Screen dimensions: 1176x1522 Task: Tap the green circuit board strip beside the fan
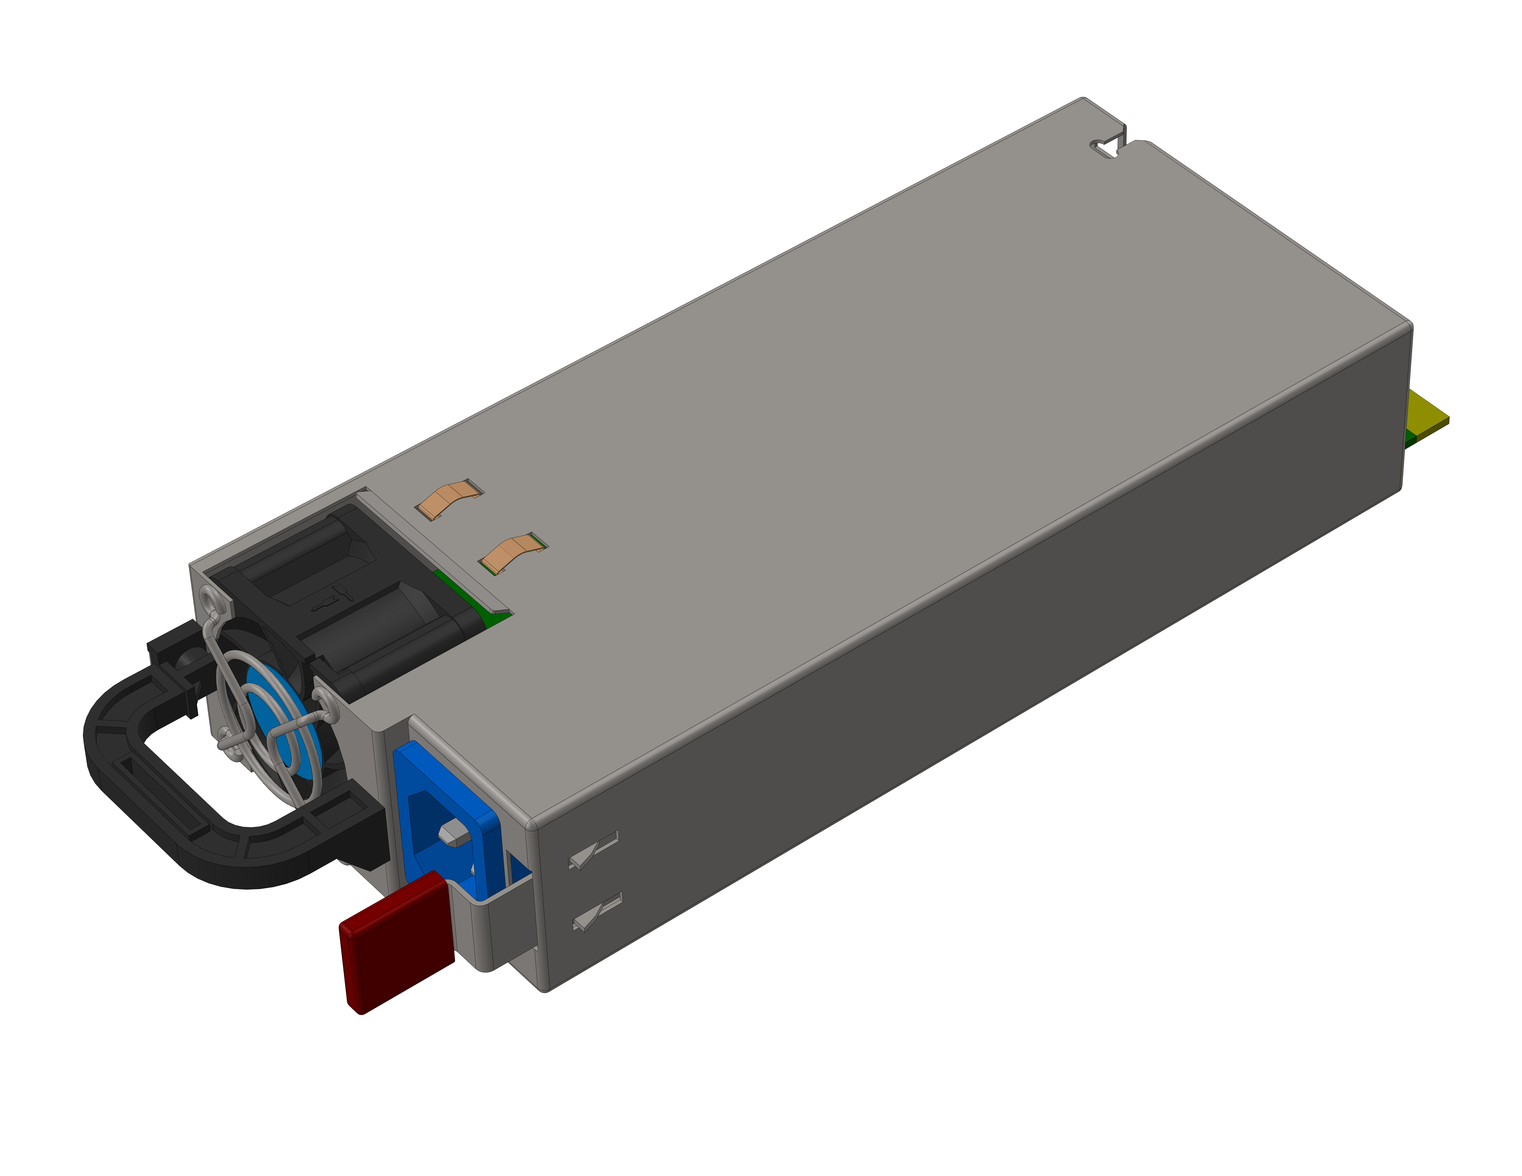point(474,599)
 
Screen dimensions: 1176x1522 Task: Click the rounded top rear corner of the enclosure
point(1406,327)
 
